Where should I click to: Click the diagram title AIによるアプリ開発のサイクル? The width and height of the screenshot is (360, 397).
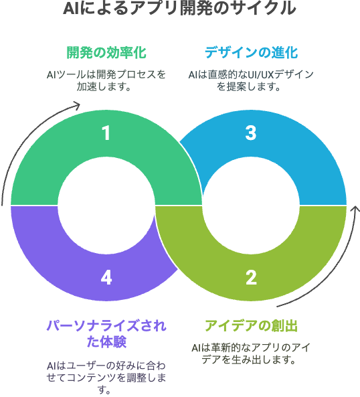[x=179, y=8]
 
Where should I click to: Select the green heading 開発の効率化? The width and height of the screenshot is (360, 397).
[x=106, y=53]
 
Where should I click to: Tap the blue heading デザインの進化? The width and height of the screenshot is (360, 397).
[x=251, y=53]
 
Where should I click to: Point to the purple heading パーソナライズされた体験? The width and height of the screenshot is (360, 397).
[x=106, y=334]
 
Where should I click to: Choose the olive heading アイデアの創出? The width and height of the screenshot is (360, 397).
[x=251, y=326]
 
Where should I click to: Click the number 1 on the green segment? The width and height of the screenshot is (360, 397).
[x=106, y=133]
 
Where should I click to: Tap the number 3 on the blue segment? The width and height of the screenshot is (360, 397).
[x=251, y=133]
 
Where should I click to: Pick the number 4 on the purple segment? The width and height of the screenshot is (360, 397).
[x=106, y=278]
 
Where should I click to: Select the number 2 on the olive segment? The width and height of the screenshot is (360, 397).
[x=251, y=278]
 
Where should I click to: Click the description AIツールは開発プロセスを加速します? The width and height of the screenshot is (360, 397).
[x=106, y=81]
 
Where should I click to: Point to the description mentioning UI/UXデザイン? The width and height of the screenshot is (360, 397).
[x=251, y=81]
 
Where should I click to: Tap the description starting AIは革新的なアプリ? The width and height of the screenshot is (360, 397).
[x=251, y=353]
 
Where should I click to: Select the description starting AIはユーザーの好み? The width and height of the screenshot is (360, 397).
[x=106, y=378]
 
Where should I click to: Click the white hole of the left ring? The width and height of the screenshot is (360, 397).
[x=106, y=205]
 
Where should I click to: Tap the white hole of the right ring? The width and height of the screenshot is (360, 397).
[x=251, y=205]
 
